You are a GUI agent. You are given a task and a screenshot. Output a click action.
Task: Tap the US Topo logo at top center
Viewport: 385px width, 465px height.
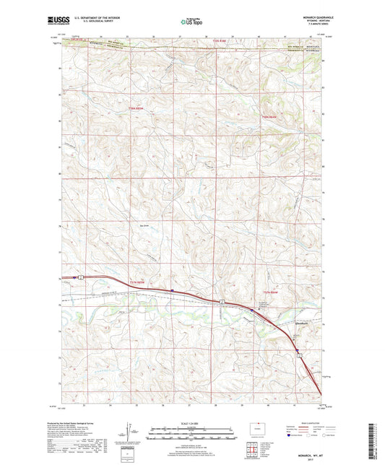point(191,22)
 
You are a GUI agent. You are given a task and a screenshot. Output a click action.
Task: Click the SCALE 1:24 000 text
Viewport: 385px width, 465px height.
point(191,422)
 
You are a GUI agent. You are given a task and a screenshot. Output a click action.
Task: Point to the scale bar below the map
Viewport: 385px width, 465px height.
point(191,435)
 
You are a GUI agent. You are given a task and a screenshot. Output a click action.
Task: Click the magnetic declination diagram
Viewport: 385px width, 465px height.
point(131,433)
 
